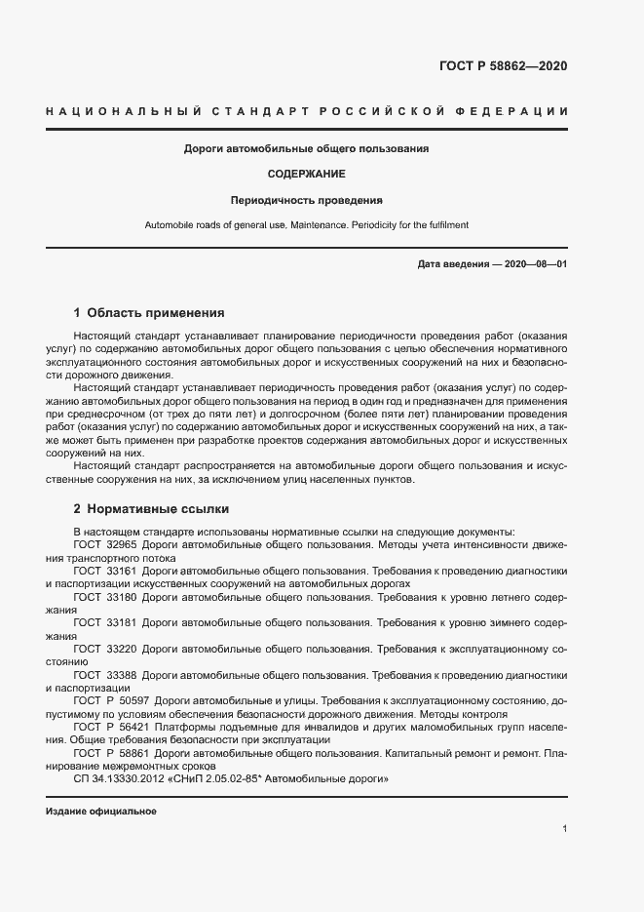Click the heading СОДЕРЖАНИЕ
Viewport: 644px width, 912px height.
click(x=307, y=175)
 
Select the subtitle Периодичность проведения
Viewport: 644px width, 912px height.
click(x=307, y=200)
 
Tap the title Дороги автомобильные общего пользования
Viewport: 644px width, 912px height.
click(x=307, y=149)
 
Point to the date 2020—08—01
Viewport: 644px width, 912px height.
click(x=535, y=264)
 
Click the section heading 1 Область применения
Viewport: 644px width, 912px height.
click(x=149, y=313)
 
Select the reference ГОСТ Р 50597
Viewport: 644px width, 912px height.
click(x=110, y=700)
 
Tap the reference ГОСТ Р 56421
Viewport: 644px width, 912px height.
click(x=110, y=727)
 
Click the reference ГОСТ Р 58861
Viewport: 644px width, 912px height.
click(x=110, y=753)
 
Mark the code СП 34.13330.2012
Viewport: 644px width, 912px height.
click(x=119, y=779)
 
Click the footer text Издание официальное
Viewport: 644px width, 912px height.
click(x=101, y=812)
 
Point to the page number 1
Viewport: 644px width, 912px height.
click(x=564, y=829)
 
